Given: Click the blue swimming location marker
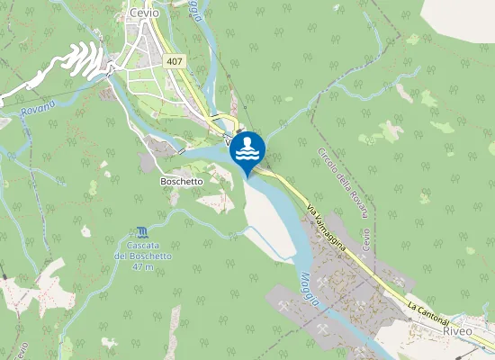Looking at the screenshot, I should click(247, 149).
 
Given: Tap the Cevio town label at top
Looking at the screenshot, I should click(145, 13).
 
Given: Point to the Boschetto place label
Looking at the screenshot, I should click(182, 181).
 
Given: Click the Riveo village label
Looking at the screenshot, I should click(458, 330).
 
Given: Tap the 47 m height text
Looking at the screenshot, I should click(142, 267).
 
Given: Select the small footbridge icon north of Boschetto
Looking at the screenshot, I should click(179, 152).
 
